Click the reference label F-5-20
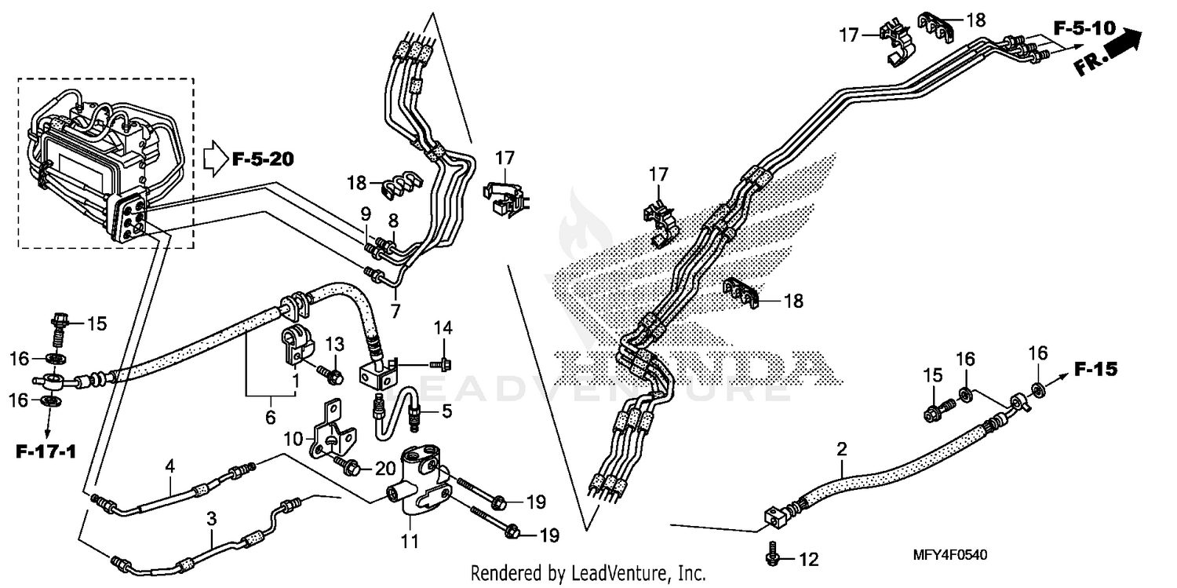pos(263,160)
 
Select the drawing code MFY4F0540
pos(949,555)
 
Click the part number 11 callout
pos(410,541)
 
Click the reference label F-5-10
pos(1084,29)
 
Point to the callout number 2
pos(842,450)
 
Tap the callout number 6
pos(271,418)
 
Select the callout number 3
pos(211,518)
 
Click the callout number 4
pos(169,466)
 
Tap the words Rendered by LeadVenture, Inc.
pos(588,573)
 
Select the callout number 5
pos(446,409)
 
